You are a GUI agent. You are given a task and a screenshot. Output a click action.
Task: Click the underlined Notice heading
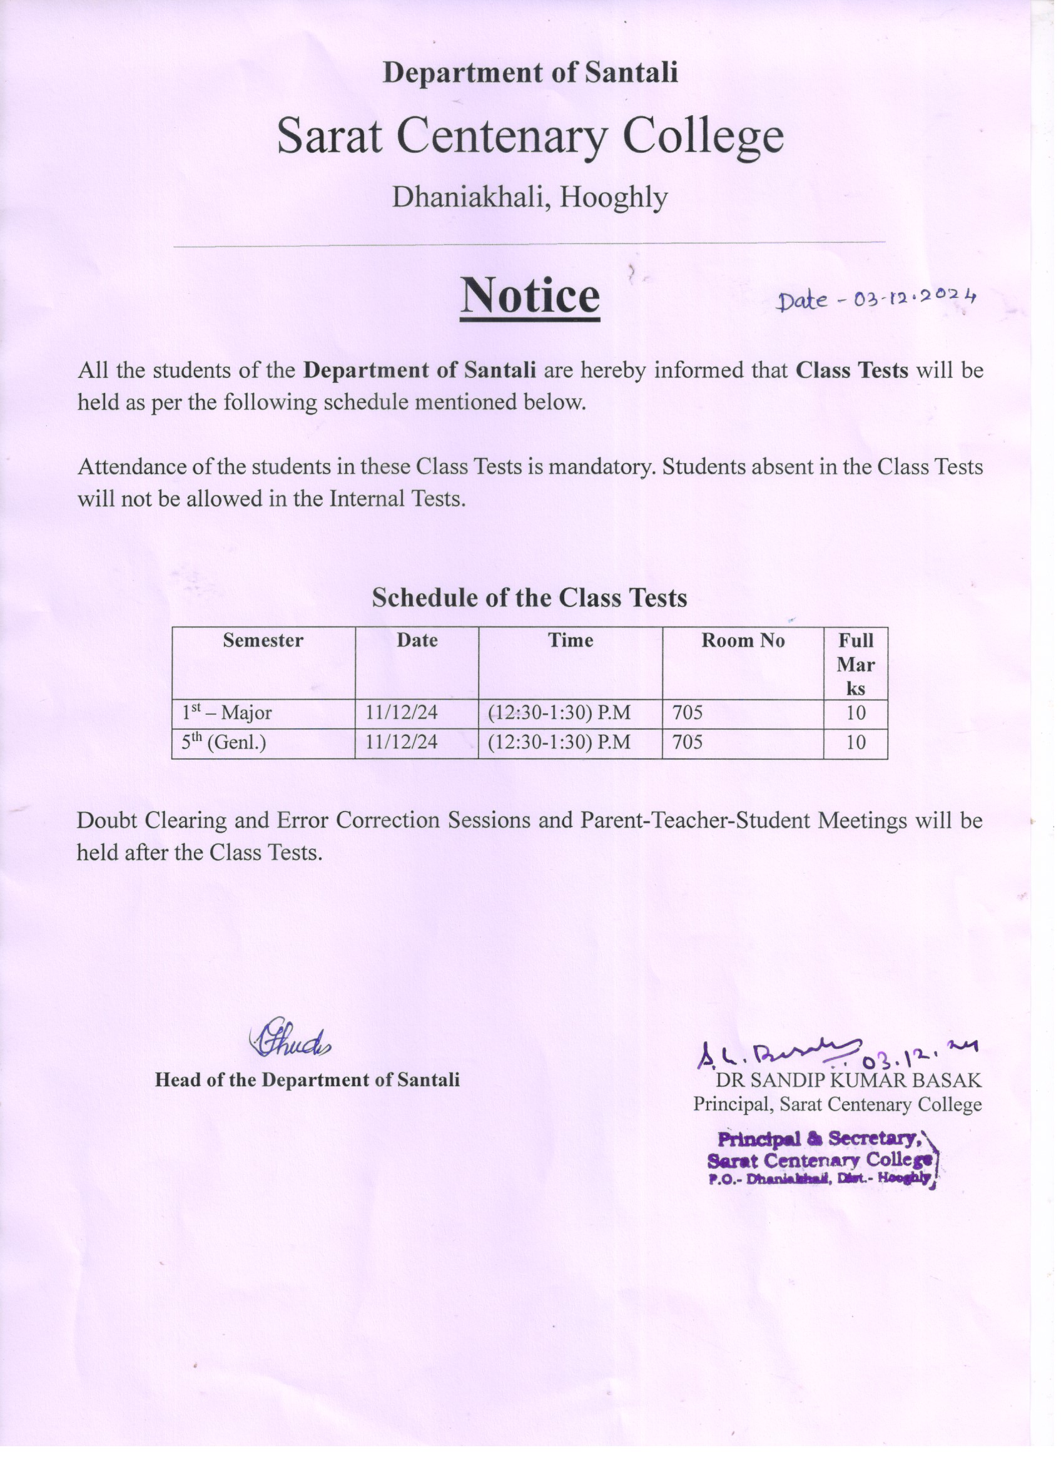click(x=529, y=295)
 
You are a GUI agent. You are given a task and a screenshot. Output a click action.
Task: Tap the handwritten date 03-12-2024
click(x=877, y=298)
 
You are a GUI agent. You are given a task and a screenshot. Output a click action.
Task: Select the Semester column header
click(x=263, y=641)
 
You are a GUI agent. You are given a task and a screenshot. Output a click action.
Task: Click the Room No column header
click(x=743, y=641)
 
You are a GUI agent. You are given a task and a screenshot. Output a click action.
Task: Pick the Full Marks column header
click(x=855, y=665)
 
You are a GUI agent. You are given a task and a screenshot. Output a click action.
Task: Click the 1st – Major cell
click(x=227, y=713)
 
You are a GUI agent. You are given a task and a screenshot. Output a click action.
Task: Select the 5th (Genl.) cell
click(x=224, y=743)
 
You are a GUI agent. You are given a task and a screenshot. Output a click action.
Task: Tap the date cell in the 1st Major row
click(x=401, y=713)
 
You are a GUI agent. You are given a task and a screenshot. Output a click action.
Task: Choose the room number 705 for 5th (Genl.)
click(x=688, y=743)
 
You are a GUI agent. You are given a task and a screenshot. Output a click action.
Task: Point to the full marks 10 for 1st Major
click(x=856, y=713)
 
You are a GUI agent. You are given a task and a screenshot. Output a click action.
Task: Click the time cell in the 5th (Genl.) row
click(x=559, y=743)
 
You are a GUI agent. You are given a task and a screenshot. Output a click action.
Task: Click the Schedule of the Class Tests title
click(x=529, y=598)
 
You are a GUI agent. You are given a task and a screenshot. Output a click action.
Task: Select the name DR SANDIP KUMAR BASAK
click(x=848, y=1081)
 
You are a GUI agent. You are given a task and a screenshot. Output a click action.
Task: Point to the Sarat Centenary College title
click(x=530, y=136)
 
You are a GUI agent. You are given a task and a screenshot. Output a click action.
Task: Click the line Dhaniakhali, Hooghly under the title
click(x=530, y=196)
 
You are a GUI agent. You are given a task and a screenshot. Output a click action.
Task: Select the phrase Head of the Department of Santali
click(x=307, y=1080)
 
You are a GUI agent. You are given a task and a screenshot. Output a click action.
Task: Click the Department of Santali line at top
click(x=530, y=72)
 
